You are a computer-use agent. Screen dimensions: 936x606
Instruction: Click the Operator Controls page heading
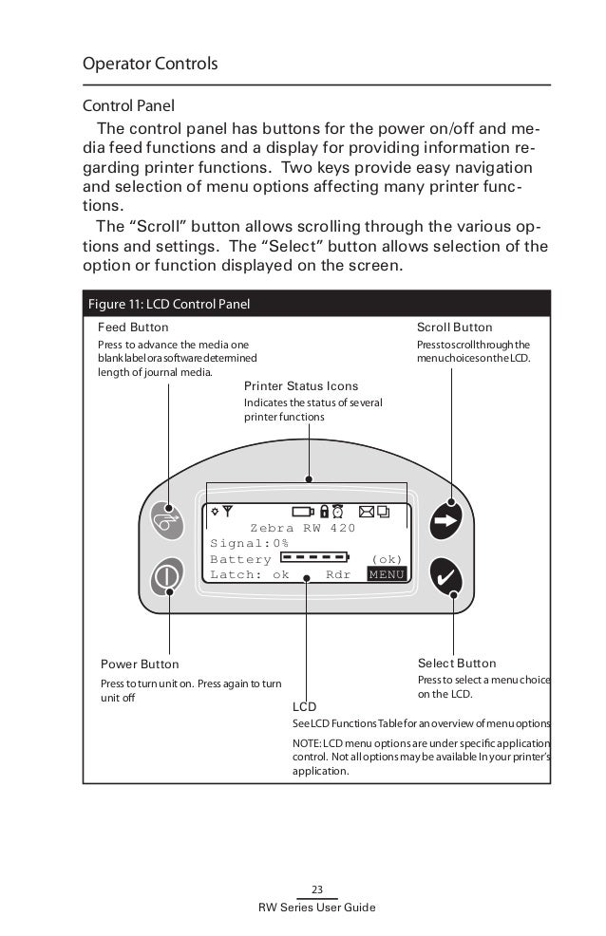pyautogui.click(x=151, y=65)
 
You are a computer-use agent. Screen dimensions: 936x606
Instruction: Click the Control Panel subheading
pyautogui.click(x=129, y=104)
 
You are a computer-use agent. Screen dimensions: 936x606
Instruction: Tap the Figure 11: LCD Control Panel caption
pyautogui.click(x=168, y=305)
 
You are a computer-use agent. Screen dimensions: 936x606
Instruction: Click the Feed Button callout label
pyautogui.click(x=133, y=328)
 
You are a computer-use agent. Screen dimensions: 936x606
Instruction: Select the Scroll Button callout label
pyautogui.click(x=455, y=328)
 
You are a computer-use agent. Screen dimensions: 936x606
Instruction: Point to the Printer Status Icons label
pyautogui.click(x=301, y=386)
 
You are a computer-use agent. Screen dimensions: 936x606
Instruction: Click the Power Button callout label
pyautogui.click(x=140, y=664)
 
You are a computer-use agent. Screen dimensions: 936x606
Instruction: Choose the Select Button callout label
pyautogui.click(x=457, y=663)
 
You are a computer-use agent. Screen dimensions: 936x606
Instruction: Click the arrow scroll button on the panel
pyautogui.click(x=445, y=518)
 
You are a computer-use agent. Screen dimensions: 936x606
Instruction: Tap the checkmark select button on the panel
pyautogui.click(x=445, y=574)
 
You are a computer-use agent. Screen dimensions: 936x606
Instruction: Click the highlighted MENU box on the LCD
pyautogui.click(x=387, y=574)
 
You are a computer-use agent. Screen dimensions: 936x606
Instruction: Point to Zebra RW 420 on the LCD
pyautogui.click(x=302, y=528)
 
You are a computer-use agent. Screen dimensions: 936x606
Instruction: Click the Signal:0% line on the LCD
pyautogui.click(x=250, y=543)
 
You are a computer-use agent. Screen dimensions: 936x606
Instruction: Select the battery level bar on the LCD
pyautogui.click(x=315, y=558)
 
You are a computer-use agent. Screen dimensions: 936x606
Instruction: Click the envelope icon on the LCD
pyautogui.click(x=367, y=512)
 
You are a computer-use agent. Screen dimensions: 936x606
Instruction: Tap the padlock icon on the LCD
pyautogui.click(x=324, y=512)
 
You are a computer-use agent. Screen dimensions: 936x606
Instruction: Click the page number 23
pyautogui.click(x=317, y=889)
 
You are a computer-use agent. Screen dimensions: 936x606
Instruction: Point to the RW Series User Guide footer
pyautogui.click(x=317, y=908)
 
